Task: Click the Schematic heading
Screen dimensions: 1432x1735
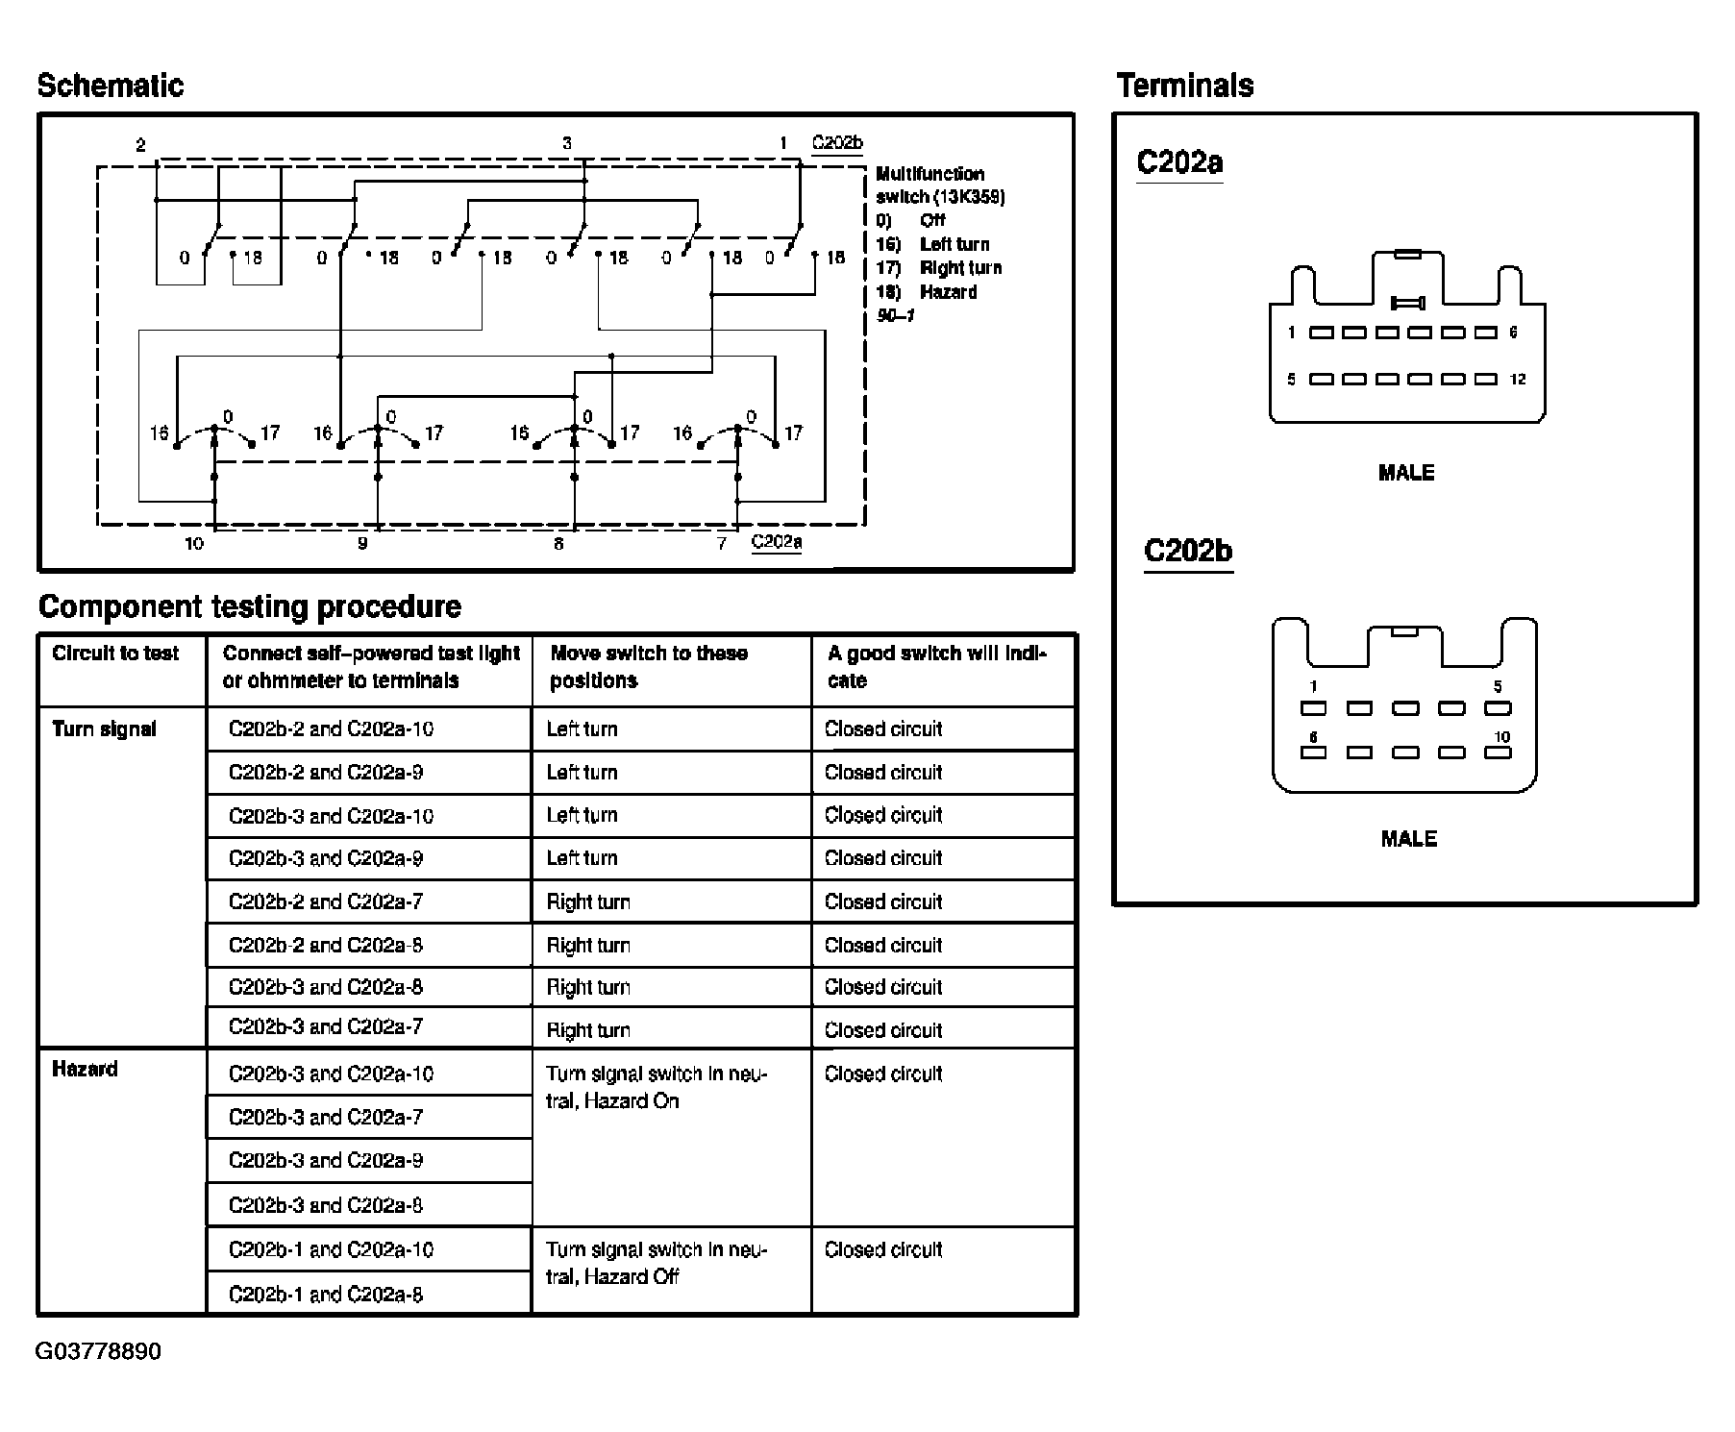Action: coord(110,86)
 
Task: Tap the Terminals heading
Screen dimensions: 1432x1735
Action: coord(1185,86)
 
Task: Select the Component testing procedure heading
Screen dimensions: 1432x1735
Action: coord(249,606)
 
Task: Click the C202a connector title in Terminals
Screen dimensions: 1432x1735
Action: coord(1179,161)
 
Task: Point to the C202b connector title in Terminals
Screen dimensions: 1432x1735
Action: coord(1187,551)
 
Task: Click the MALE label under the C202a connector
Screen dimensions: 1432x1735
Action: coord(1405,473)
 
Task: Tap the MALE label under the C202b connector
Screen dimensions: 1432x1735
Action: coord(1408,839)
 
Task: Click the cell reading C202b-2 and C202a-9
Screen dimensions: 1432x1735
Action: coord(325,772)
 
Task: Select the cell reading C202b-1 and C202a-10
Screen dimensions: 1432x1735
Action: coord(331,1249)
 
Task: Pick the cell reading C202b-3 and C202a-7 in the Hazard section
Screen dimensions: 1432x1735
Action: coord(325,1117)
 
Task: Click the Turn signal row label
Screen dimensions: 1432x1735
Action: coord(104,728)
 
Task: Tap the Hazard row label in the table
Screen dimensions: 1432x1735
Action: coord(85,1069)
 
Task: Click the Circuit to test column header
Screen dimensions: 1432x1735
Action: coord(115,654)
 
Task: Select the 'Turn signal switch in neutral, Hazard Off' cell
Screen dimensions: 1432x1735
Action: coord(656,1263)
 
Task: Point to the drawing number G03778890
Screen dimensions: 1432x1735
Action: coord(98,1351)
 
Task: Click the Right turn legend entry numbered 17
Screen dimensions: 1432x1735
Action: coord(939,268)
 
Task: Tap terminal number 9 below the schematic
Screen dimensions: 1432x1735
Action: coord(362,544)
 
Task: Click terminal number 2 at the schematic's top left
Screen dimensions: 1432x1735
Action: coord(140,145)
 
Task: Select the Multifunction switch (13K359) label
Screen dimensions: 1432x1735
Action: coord(939,185)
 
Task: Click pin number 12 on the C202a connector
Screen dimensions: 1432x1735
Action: coord(1518,380)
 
